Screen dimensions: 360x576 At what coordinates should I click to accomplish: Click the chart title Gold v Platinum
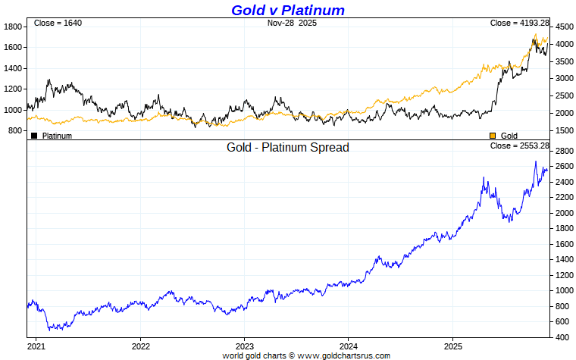click(287, 10)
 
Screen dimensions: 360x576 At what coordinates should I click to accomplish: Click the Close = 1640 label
click(58, 23)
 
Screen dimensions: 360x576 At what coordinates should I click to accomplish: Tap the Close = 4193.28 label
click(519, 23)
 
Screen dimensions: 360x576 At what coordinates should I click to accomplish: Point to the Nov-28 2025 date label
click(292, 23)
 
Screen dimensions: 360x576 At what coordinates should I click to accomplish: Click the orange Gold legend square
click(493, 136)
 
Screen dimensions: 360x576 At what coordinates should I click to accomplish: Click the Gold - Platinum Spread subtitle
click(288, 147)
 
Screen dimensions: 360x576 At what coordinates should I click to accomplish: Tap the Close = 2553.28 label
click(519, 146)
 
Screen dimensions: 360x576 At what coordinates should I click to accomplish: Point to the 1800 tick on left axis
click(14, 27)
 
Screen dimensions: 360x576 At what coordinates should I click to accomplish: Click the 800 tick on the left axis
click(16, 130)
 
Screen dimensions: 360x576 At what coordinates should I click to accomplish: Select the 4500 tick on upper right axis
click(564, 27)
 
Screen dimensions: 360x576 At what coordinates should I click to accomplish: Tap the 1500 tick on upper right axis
click(564, 130)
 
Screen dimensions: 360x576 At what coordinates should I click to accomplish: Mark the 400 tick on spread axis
click(562, 337)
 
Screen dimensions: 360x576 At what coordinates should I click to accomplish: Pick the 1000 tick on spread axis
click(564, 290)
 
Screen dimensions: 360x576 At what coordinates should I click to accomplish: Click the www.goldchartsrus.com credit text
click(343, 355)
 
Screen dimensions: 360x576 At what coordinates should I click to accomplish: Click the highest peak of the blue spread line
click(535, 161)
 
